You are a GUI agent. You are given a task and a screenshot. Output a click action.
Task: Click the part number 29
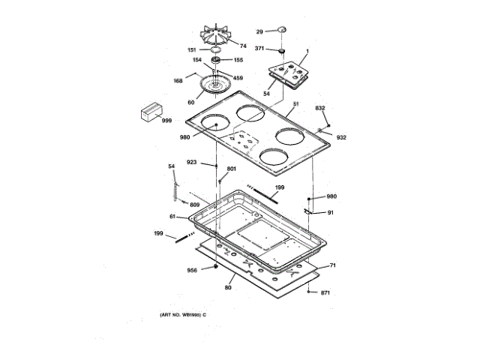(x=259, y=31)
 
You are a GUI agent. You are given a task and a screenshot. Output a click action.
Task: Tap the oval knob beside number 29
(x=280, y=29)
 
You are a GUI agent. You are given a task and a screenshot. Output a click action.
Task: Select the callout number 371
(x=259, y=49)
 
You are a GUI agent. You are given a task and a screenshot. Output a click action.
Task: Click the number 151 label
(x=193, y=49)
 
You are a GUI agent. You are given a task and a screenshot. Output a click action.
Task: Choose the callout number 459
(x=238, y=76)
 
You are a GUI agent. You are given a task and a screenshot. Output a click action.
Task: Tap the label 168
(x=178, y=81)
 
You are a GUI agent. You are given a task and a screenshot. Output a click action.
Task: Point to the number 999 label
(x=166, y=120)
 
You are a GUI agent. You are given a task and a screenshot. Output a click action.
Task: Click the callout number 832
(x=320, y=109)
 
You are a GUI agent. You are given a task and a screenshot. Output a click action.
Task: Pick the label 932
(x=341, y=137)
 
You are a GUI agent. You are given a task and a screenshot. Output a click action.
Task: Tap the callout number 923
(x=192, y=162)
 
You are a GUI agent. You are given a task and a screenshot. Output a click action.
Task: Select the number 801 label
(x=231, y=169)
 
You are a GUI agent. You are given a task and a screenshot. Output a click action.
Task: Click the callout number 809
(x=194, y=205)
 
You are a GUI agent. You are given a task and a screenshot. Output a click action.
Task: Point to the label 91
(x=331, y=212)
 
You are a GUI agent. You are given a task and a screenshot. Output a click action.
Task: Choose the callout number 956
(x=193, y=270)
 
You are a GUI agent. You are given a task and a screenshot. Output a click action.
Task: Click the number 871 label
(x=325, y=292)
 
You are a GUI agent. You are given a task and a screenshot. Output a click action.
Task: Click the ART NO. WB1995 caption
(x=182, y=313)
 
